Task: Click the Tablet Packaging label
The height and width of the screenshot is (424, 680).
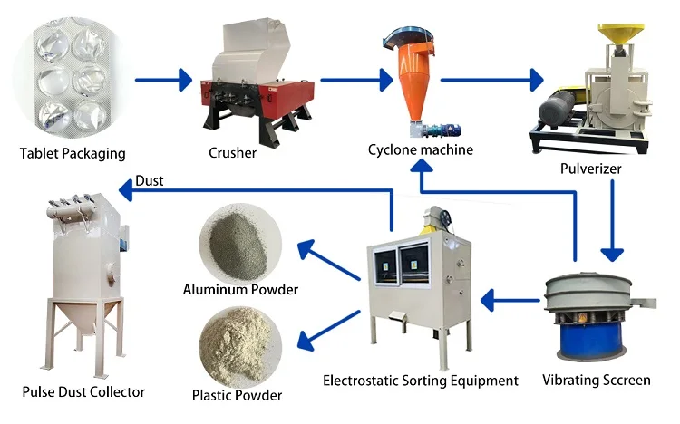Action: (x=73, y=153)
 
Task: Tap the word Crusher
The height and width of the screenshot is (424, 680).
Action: (x=232, y=152)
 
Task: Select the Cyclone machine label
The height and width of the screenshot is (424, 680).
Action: (x=421, y=149)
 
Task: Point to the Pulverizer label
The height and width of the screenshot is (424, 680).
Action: (x=590, y=169)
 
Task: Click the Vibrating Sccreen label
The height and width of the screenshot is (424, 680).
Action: (x=597, y=381)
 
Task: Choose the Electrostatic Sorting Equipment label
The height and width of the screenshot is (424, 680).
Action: (x=421, y=381)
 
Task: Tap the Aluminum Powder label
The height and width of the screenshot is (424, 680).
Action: (x=240, y=290)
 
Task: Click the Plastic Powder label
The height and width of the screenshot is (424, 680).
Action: (x=237, y=395)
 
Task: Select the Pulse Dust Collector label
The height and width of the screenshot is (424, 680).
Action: (x=83, y=392)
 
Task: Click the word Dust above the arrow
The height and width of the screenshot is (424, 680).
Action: (x=150, y=180)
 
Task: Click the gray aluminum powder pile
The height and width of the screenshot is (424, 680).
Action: (x=238, y=246)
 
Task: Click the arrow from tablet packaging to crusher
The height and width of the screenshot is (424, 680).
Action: (x=163, y=80)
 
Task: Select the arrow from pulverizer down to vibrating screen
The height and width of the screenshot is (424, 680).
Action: (x=612, y=221)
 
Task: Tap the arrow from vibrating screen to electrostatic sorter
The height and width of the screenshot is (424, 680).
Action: (x=510, y=301)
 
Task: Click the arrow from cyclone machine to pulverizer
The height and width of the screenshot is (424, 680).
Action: (x=492, y=80)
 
